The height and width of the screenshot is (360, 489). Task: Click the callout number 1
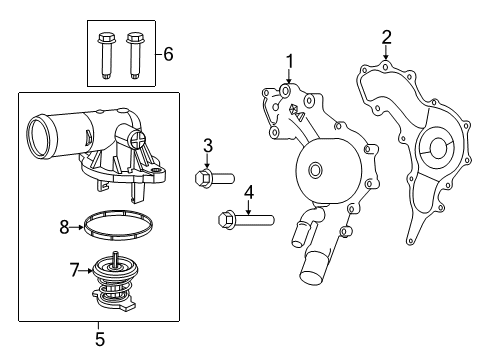click(289, 61)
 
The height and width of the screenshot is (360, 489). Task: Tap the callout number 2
click(386, 37)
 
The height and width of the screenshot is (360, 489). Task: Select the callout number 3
click(208, 147)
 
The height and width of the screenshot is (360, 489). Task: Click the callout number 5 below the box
click(99, 339)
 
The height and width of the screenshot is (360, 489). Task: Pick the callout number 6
click(168, 54)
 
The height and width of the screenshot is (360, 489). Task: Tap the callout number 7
click(72, 269)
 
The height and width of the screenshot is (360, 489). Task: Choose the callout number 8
click(64, 227)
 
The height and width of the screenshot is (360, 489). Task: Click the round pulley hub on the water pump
click(317, 169)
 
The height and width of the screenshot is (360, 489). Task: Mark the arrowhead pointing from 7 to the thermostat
click(88, 269)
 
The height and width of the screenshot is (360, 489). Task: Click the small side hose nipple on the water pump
click(299, 235)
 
